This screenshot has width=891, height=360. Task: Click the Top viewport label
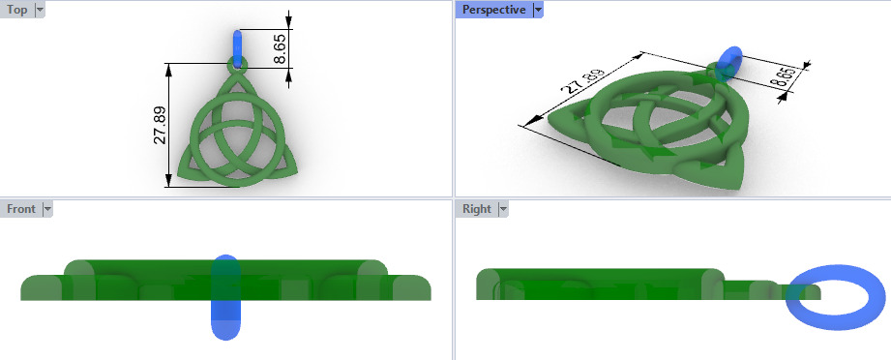point(16,10)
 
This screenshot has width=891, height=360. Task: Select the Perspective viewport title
point(493,10)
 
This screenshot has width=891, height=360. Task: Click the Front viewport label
point(20,208)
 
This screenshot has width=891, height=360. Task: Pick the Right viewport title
point(476,208)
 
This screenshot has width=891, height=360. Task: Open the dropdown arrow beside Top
point(40,10)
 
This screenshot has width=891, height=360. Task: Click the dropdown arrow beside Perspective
point(538,10)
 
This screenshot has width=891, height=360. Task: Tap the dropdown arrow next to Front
point(47,208)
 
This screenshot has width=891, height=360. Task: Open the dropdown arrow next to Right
point(502,208)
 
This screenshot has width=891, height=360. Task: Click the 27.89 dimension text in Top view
point(160,125)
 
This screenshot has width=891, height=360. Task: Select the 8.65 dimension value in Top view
point(280,49)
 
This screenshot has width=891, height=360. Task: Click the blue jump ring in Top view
point(239,46)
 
